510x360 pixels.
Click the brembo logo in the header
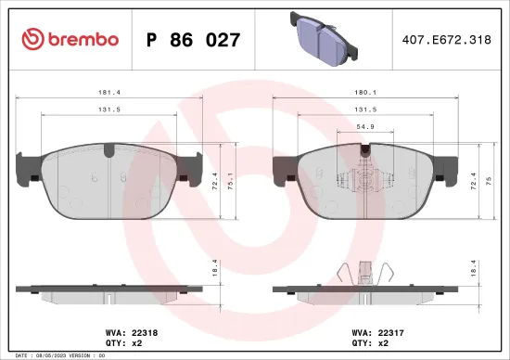[x=70, y=39]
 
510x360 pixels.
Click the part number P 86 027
[x=194, y=40]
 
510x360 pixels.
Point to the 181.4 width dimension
[x=108, y=93]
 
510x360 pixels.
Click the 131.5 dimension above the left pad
[x=108, y=109]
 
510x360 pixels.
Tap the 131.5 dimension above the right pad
[x=367, y=109]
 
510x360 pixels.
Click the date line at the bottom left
[x=58, y=355]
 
